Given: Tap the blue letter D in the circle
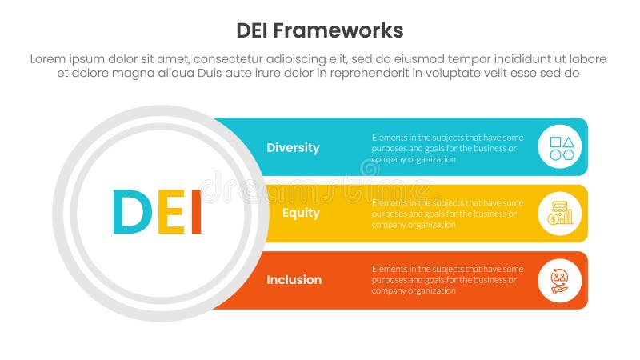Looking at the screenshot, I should pos(131,212).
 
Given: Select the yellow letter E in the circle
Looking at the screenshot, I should pos(170,212).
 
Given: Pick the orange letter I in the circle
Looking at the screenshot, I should pos(196,212).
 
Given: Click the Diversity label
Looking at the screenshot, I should pos(293,147).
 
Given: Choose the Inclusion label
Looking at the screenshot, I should pos(294,279).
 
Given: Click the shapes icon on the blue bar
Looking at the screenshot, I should pos(560,146).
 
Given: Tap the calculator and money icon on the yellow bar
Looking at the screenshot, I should pos(560,213).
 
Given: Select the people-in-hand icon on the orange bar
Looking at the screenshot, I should pos(560,280).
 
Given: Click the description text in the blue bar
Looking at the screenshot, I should pos(447,148).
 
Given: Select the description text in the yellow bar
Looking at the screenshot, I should pos(447,214).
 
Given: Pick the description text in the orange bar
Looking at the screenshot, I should pos(447,280).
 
